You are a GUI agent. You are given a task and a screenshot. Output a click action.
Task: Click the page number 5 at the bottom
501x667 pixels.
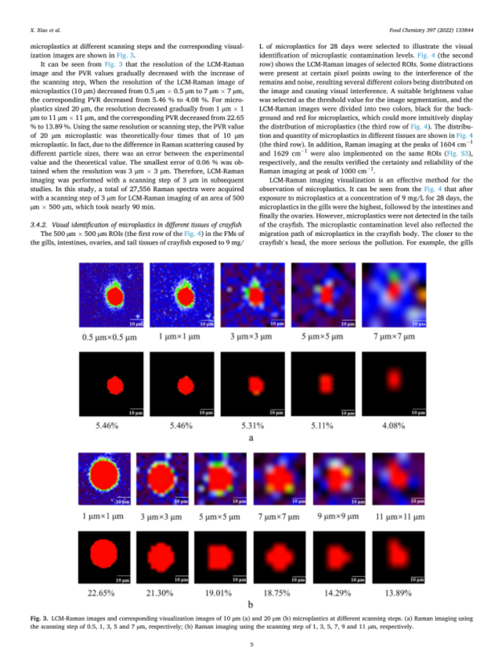[x=250, y=645]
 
